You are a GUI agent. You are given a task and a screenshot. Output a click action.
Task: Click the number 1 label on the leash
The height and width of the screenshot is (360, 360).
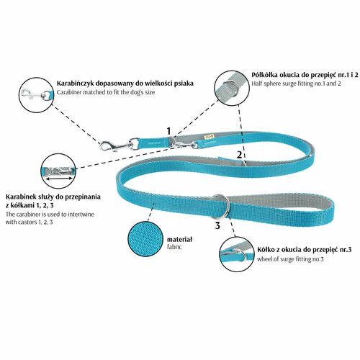(x=169, y=131)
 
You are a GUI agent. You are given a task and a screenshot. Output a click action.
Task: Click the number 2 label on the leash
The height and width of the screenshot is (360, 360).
(x=239, y=155)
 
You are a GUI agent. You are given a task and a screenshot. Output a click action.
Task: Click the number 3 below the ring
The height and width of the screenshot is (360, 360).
(x=217, y=225)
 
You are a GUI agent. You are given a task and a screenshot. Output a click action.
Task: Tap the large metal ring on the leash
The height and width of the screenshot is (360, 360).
(x=222, y=207)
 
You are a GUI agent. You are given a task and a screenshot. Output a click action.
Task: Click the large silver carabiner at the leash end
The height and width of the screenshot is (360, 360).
(x=116, y=145)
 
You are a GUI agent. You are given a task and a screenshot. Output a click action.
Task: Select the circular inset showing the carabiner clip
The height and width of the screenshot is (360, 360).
(x=36, y=95)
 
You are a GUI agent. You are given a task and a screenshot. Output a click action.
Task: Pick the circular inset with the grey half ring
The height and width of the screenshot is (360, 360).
(x=232, y=88)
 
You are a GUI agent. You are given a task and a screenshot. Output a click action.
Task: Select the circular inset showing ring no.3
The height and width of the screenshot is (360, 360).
(x=236, y=254)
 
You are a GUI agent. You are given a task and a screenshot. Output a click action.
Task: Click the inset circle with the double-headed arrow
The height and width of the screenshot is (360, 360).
(x=58, y=171)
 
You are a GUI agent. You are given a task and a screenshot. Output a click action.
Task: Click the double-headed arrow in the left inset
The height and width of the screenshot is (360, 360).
(x=59, y=179)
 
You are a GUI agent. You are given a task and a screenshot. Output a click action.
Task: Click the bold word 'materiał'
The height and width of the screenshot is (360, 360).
(x=179, y=240)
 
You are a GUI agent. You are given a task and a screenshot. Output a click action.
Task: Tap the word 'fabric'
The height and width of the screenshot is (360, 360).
(x=174, y=247)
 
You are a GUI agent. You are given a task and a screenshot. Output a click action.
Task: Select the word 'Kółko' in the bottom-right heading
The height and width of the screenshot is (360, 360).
(x=265, y=250)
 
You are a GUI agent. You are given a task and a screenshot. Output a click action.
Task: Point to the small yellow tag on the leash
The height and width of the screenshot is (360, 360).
(x=207, y=137)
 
